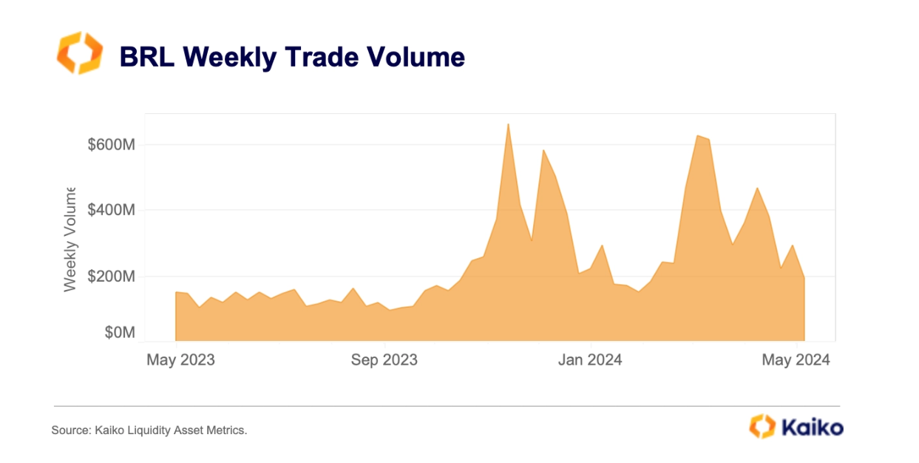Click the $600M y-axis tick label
tap(111, 145)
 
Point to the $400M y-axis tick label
tap(111, 211)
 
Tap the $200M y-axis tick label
tap(111, 277)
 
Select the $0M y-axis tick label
tap(118, 334)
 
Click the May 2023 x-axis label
tap(180, 360)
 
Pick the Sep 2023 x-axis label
tap(384, 360)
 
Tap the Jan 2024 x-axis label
tap(590, 360)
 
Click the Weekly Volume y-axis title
tap(70, 238)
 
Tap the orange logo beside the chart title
tap(79, 53)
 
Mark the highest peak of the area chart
tap(508, 124)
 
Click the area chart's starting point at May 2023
tap(176, 292)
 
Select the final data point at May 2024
tap(804, 277)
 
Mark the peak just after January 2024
tap(602, 246)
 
